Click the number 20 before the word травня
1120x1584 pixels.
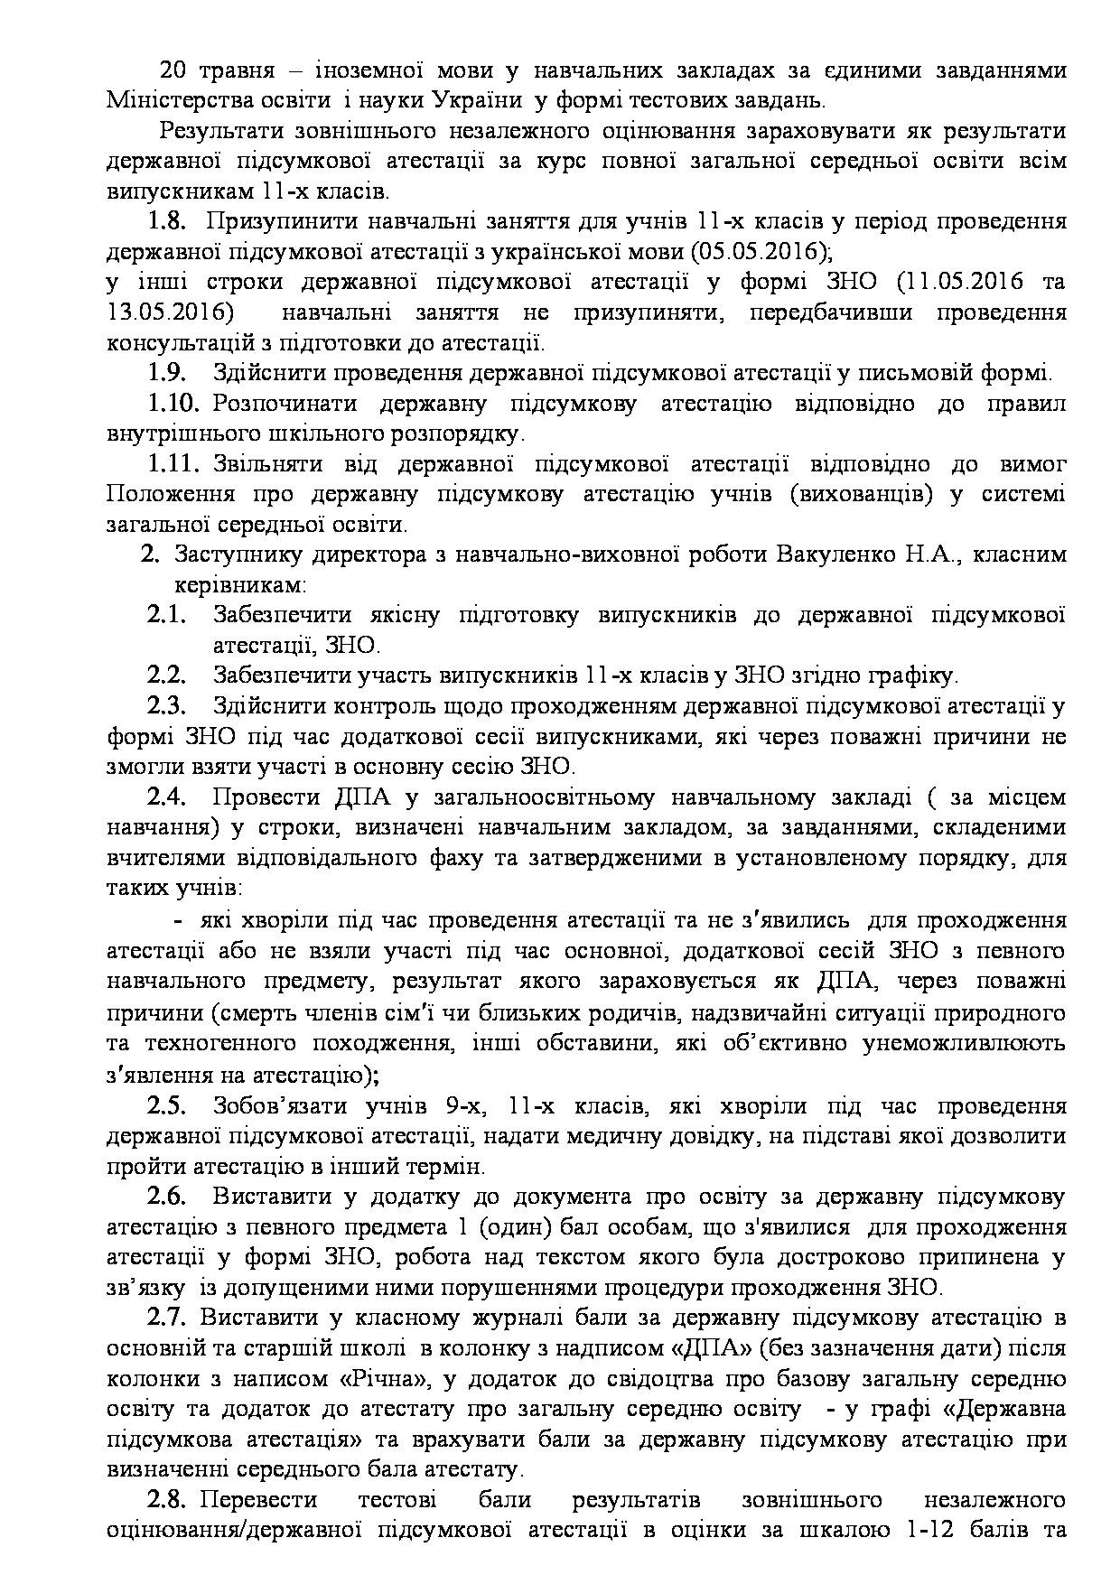tap(173, 70)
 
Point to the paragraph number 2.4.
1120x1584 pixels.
tap(167, 797)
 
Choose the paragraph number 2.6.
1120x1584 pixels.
tap(167, 1197)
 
